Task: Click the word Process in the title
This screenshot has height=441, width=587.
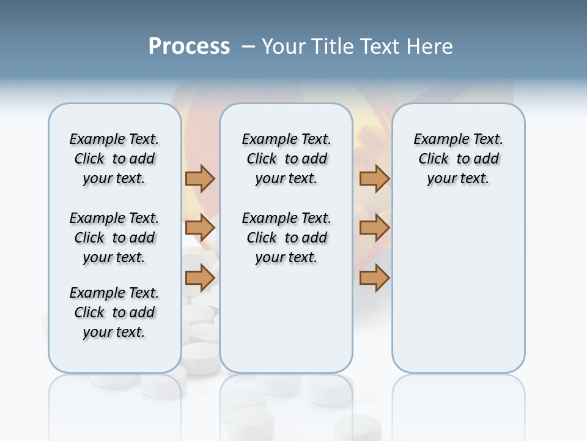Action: pyautogui.click(x=189, y=46)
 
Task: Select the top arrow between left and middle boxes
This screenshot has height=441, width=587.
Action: pyautogui.click(x=200, y=178)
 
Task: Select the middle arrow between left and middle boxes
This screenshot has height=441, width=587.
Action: pyautogui.click(x=200, y=228)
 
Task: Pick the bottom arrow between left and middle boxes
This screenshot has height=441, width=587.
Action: pyautogui.click(x=200, y=277)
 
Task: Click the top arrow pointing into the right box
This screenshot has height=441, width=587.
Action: pyautogui.click(x=374, y=178)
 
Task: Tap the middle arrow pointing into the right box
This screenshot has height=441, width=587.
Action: pyautogui.click(x=374, y=228)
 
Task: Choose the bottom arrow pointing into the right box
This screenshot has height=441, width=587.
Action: pyautogui.click(x=374, y=277)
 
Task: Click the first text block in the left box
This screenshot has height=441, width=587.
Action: pyautogui.click(x=114, y=159)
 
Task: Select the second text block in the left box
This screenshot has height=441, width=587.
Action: pyautogui.click(x=114, y=238)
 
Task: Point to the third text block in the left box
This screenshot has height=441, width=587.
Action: pyautogui.click(x=114, y=312)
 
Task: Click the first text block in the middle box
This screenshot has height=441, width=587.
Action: pyautogui.click(x=286, y=159)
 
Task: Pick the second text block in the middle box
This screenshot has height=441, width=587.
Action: pyautogui.click(x=286, y=238)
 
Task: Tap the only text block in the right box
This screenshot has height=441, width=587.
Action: pyautogui.click(x=458, y=159)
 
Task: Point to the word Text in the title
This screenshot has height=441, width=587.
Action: pyautogui.click(x=379, y=46)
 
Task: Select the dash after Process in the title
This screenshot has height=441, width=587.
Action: pyautogui.click(x=248, y=47)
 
